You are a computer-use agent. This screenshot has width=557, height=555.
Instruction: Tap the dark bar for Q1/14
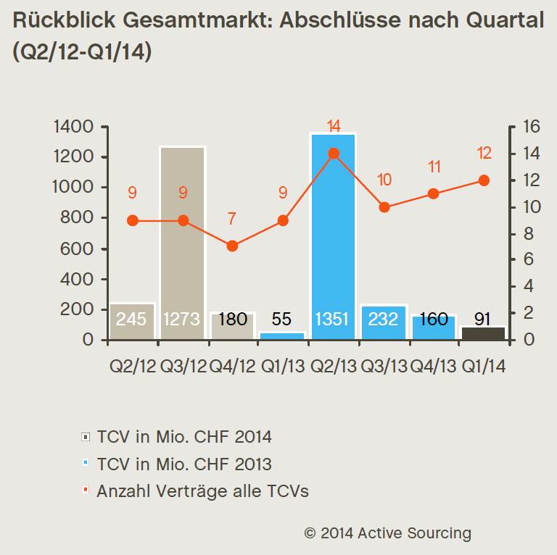tap(484, 333)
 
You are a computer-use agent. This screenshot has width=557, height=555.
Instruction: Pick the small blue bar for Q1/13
tap(283, 335)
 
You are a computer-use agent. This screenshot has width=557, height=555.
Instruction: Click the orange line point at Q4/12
tap(232, 246)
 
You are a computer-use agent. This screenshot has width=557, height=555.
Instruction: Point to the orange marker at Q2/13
tap(334, 154)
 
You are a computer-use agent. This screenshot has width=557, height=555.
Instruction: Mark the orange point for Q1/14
tap(484, 180)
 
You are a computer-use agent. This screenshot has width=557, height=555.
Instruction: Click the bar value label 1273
tap(181, 320)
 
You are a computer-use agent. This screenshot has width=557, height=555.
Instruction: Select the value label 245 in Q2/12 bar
tap(131, 320)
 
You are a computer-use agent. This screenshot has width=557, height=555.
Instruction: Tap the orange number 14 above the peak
tap(334, 127)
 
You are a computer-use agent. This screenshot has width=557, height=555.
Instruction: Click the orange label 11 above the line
tap(434, 167)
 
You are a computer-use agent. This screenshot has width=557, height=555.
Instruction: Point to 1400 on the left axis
tap(73, 128)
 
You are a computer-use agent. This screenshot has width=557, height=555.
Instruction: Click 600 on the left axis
tap(78, 249)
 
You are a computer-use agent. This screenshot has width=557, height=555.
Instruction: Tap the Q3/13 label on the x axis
tap(384, 367)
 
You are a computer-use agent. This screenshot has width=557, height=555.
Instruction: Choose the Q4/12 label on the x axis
tap(232, 367)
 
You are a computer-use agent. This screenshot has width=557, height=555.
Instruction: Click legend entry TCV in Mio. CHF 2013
tap(184, 464)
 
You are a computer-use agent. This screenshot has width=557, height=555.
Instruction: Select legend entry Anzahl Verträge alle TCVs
tap(202, 491)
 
